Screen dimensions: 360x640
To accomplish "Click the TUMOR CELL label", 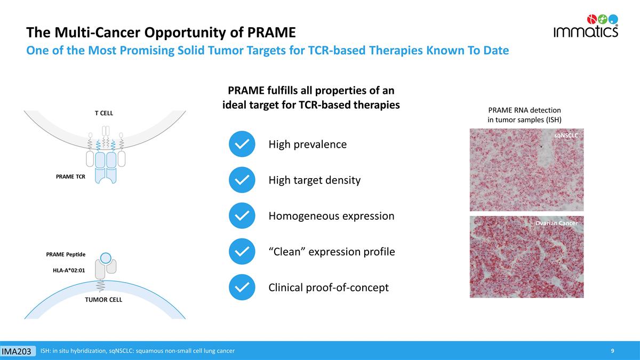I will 103,300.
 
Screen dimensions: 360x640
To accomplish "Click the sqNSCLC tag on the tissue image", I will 566,135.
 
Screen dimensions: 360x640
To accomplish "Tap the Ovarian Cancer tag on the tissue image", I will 556,223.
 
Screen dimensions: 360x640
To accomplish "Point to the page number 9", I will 613,350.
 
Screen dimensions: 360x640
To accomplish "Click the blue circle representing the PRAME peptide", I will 106,258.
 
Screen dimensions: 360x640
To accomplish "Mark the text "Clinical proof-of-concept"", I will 328,287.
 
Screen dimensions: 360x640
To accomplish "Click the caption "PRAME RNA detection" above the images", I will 524,110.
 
